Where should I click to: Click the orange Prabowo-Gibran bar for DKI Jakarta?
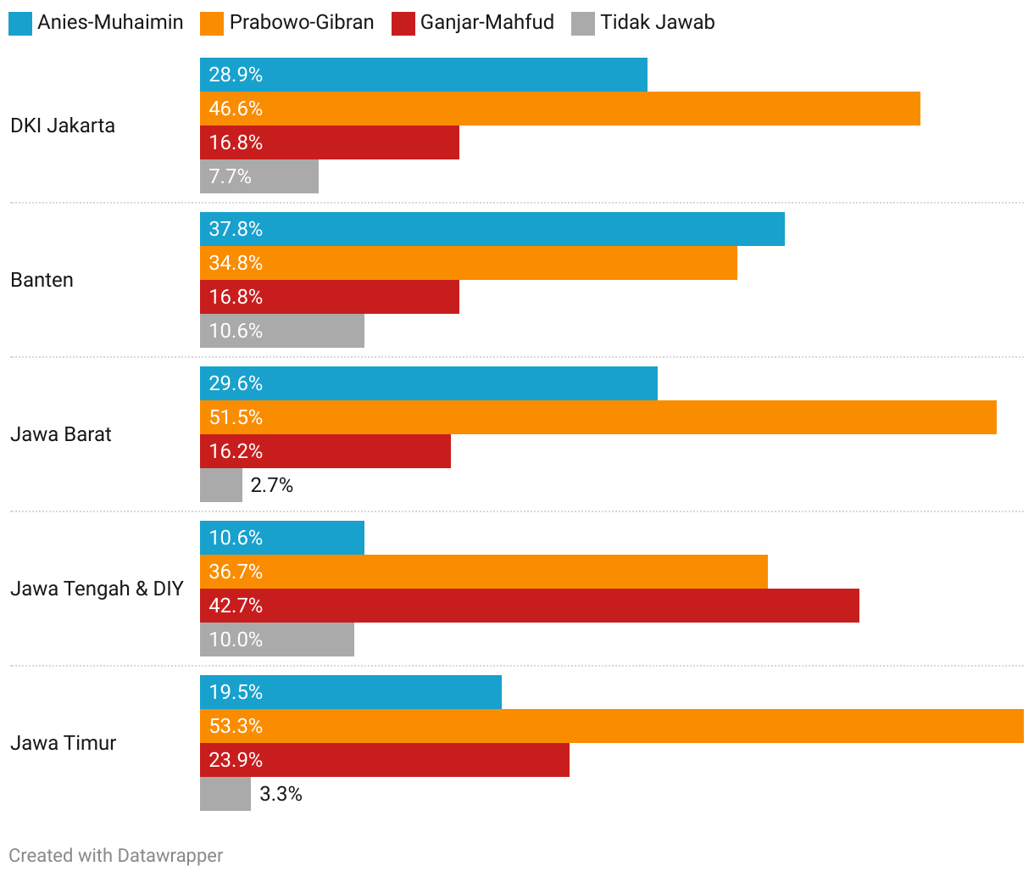[559, 109]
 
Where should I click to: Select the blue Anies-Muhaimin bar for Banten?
[492, 229]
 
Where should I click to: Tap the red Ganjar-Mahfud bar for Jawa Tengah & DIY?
[530, 606]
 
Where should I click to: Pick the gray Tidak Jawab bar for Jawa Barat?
[221, 485]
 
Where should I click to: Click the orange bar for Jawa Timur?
[611, 726]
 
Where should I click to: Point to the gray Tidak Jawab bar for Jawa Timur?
[225, 794]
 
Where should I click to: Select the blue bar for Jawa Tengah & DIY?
[282, 538]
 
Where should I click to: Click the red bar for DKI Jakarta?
[330, 142]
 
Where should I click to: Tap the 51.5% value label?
[236, 417]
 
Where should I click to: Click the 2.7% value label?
[272, 485]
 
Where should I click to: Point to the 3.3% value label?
[281, 794]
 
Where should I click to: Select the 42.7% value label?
[236, 606]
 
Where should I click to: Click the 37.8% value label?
[236, 229]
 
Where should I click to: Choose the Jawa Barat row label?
[61, 434]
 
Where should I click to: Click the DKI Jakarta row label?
[63, 126]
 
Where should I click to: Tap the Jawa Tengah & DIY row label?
[97, 589]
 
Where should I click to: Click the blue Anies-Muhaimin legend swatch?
[20, 23]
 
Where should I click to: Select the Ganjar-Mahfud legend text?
[486, 22]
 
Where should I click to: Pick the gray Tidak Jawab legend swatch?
[583, 23]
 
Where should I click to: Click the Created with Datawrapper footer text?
[116, 855]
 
